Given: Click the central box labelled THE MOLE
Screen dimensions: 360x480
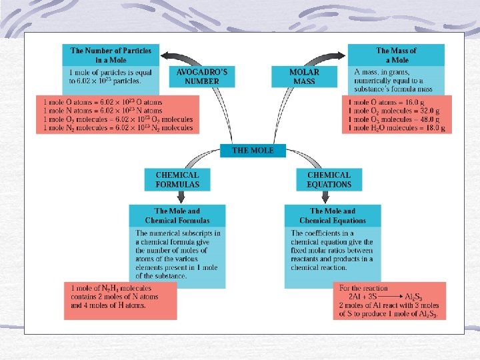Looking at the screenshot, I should click(x=253, y=151).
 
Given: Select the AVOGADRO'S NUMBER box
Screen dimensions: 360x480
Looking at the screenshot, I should click(x=197, y=77).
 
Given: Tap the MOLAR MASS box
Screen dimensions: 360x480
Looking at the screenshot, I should click(x=304, y=77).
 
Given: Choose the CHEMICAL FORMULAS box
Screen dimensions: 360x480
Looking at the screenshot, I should click(x=177, y=180).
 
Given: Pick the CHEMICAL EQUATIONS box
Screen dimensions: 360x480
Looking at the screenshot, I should click(x=329, y=180).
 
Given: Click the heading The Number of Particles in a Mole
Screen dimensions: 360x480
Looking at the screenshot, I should click(x=111, y=55).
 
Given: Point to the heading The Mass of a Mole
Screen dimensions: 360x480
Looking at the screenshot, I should click(x=396, y=55).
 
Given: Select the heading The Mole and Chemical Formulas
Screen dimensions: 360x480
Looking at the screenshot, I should click(x=177, y=215).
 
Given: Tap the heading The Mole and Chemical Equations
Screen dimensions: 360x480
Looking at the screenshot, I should click(x=333, y=215).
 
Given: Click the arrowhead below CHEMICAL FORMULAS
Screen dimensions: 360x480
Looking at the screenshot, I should click(x=178, y=198).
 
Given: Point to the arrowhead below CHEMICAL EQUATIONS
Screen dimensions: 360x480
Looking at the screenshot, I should click(x=326, y=198).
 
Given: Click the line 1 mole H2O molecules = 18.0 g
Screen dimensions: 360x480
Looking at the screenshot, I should click(x=397, y=128).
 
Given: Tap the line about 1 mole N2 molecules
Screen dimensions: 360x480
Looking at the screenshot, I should click(x=118, y=128).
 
